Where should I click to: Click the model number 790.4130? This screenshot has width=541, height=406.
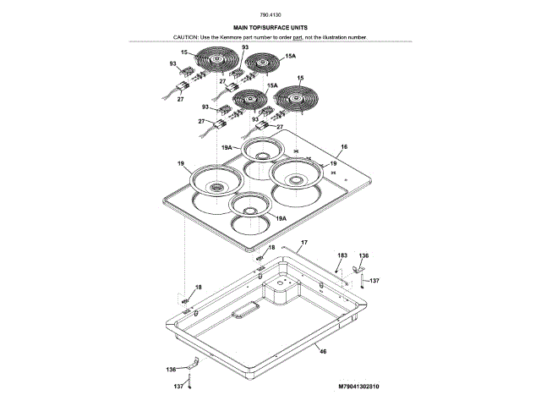pyautogui.click(x=270, y=16)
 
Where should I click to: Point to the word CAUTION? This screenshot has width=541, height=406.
pyautogui.click(x=187, y=38)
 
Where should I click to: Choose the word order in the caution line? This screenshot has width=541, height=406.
pyautogui.click(x=279, y=38)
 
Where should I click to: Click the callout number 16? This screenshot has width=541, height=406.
pyautogui.click(x=343, y=146)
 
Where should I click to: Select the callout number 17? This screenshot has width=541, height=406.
pyautogui.click(x=304, y=243)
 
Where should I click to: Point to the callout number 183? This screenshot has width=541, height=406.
pyautogui.click(x=342, y=255)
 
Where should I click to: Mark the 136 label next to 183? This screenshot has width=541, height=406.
pyautogui.click(x=364, y=255)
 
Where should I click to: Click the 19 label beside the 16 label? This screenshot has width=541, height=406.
pyautogui.click(x=333, y=163)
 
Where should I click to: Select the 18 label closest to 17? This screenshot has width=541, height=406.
pyautogui.click(x=271, y=247)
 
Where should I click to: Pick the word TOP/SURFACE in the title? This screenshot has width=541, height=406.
pyautogui.click(x=270, y=29)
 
